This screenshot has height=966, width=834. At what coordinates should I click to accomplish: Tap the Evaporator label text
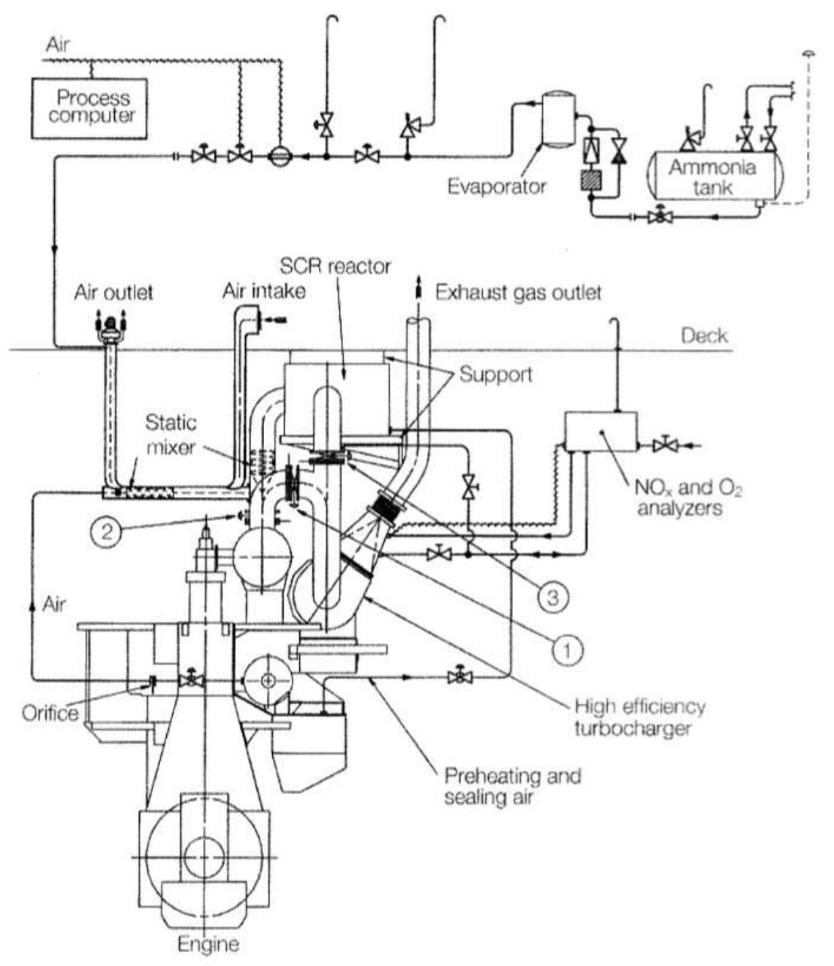[497, 186]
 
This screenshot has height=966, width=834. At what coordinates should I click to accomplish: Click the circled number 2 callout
[108, 531]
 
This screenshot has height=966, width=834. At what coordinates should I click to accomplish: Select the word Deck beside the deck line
[704, 336]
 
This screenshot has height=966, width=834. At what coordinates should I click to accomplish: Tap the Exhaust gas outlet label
[518, 293]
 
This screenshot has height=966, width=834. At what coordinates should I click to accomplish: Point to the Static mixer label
[171, 433]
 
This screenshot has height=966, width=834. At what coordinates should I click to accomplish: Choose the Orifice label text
[50, 712]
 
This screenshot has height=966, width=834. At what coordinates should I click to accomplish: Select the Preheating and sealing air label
[511, 785]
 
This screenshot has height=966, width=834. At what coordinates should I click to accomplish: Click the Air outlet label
[113, 293]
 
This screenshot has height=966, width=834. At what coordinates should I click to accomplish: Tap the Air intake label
[263, 291]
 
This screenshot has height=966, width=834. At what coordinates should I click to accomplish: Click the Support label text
[495, 375]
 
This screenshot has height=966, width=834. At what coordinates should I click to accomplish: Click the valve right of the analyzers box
[666, 444]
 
